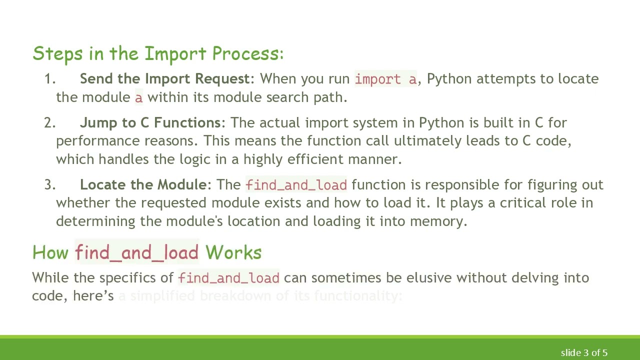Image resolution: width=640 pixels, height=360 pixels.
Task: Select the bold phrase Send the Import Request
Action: (x=164, y=79)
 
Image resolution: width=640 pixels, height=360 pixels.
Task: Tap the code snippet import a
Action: (x=385, y=79)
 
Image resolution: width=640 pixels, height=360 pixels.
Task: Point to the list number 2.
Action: (x=49, y=123)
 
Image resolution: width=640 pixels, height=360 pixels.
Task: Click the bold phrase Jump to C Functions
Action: (x=150, y=123)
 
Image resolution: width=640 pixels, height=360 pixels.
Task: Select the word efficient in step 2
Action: (x=314, y=159)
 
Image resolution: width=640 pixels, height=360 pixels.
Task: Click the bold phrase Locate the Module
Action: (x=143, y=185)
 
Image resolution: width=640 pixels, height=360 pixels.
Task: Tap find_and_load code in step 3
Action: (x=296, y=185)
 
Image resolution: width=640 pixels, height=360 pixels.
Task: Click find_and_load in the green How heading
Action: (x=136, y=252)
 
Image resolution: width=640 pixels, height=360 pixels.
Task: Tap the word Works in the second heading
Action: (x=233, y=252)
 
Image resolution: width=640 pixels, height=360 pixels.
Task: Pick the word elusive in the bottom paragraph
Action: (x=427, y=278)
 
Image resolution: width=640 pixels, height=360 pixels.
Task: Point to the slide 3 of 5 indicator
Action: (x=583, y=353)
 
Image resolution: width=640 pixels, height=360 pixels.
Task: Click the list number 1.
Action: (x=49, y=79)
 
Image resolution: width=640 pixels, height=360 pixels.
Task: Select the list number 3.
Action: (x=49, y=185)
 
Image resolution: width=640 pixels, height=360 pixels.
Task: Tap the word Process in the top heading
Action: (x=247, y=54)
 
